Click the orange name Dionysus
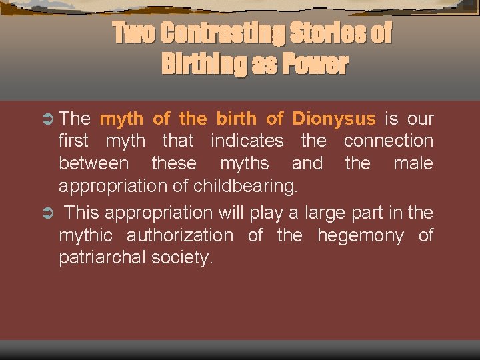point(333,119)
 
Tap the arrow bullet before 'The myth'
point(49,119)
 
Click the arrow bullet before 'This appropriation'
point(49,213)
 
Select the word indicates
point(247,141)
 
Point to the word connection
point(388,141)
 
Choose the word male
point(413,163)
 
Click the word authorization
point(179,235)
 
